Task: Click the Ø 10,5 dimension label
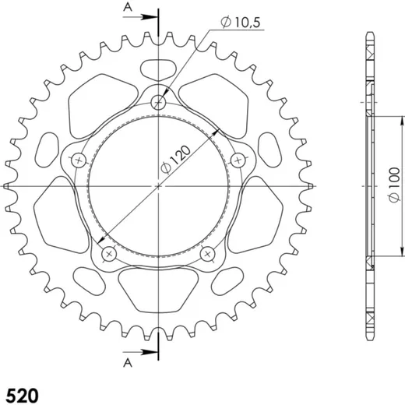click(x=241, y=22)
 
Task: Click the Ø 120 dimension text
click(x=176, y=159)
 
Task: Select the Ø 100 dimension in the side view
click(x=394, y=185)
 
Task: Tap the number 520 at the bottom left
click(x=22, y=396)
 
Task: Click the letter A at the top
click(x=128, y=8)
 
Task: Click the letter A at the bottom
click(x=128, y=363)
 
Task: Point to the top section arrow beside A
click(x=140, y=17)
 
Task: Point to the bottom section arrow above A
click(x=140, y=352)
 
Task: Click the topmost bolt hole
click(x=158, y=102)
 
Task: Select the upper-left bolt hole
click(x=79, y=160)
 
